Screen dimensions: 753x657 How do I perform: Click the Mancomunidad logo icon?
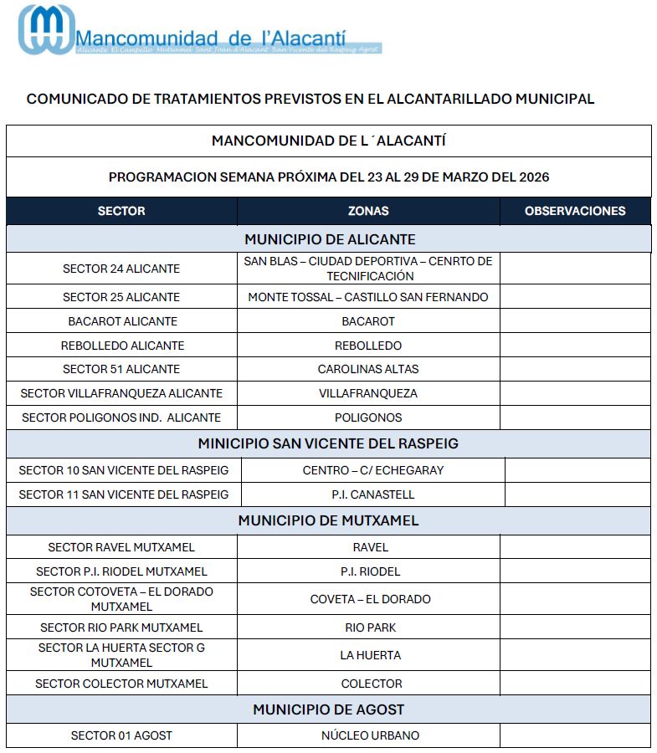pos(46,30)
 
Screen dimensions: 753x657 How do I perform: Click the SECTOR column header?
pos(121,211)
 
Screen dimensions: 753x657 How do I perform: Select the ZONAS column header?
pos(368,211)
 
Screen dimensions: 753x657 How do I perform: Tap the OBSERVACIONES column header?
pos(575,211)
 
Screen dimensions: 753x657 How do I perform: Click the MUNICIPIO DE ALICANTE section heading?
pos(330,239)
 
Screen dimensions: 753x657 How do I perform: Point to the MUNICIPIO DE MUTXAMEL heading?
pos(328,520)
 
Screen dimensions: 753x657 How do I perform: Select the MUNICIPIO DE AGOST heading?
pos(328,709)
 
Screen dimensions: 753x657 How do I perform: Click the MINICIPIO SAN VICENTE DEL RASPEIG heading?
pos(328,443)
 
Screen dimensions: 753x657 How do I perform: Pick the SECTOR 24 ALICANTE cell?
pos(121,269)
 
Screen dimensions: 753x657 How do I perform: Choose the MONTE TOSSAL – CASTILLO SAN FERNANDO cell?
pos(368,297)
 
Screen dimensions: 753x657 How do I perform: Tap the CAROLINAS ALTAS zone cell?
pos(368,369)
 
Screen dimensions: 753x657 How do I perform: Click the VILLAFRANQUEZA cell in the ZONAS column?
pos(368,393)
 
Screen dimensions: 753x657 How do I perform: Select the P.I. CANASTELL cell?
pos(372,494)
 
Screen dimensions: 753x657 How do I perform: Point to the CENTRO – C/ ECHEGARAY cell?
pos(373,470)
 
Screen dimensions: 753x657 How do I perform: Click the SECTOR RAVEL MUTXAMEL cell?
pos(121,547)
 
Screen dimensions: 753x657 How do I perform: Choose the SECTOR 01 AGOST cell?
pos(121,735)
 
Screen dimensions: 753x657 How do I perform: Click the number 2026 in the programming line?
pos(534,177)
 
